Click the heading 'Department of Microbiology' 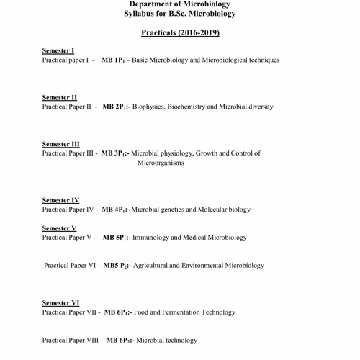click(x=179, y=4)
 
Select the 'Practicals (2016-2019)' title click(x=179, y=33)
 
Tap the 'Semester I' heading click(x=58, y=51)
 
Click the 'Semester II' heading click(x=60, y=97)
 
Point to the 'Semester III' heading click(x=61, y=143)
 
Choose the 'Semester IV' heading click(x=60, y=200)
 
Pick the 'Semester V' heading click(x=59, y=228)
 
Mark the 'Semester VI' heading click(x=60, y=303)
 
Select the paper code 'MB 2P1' click(x=116, y=107)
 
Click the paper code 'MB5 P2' click(x=117, y=266)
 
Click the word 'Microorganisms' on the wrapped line click(x=161, y=163)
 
